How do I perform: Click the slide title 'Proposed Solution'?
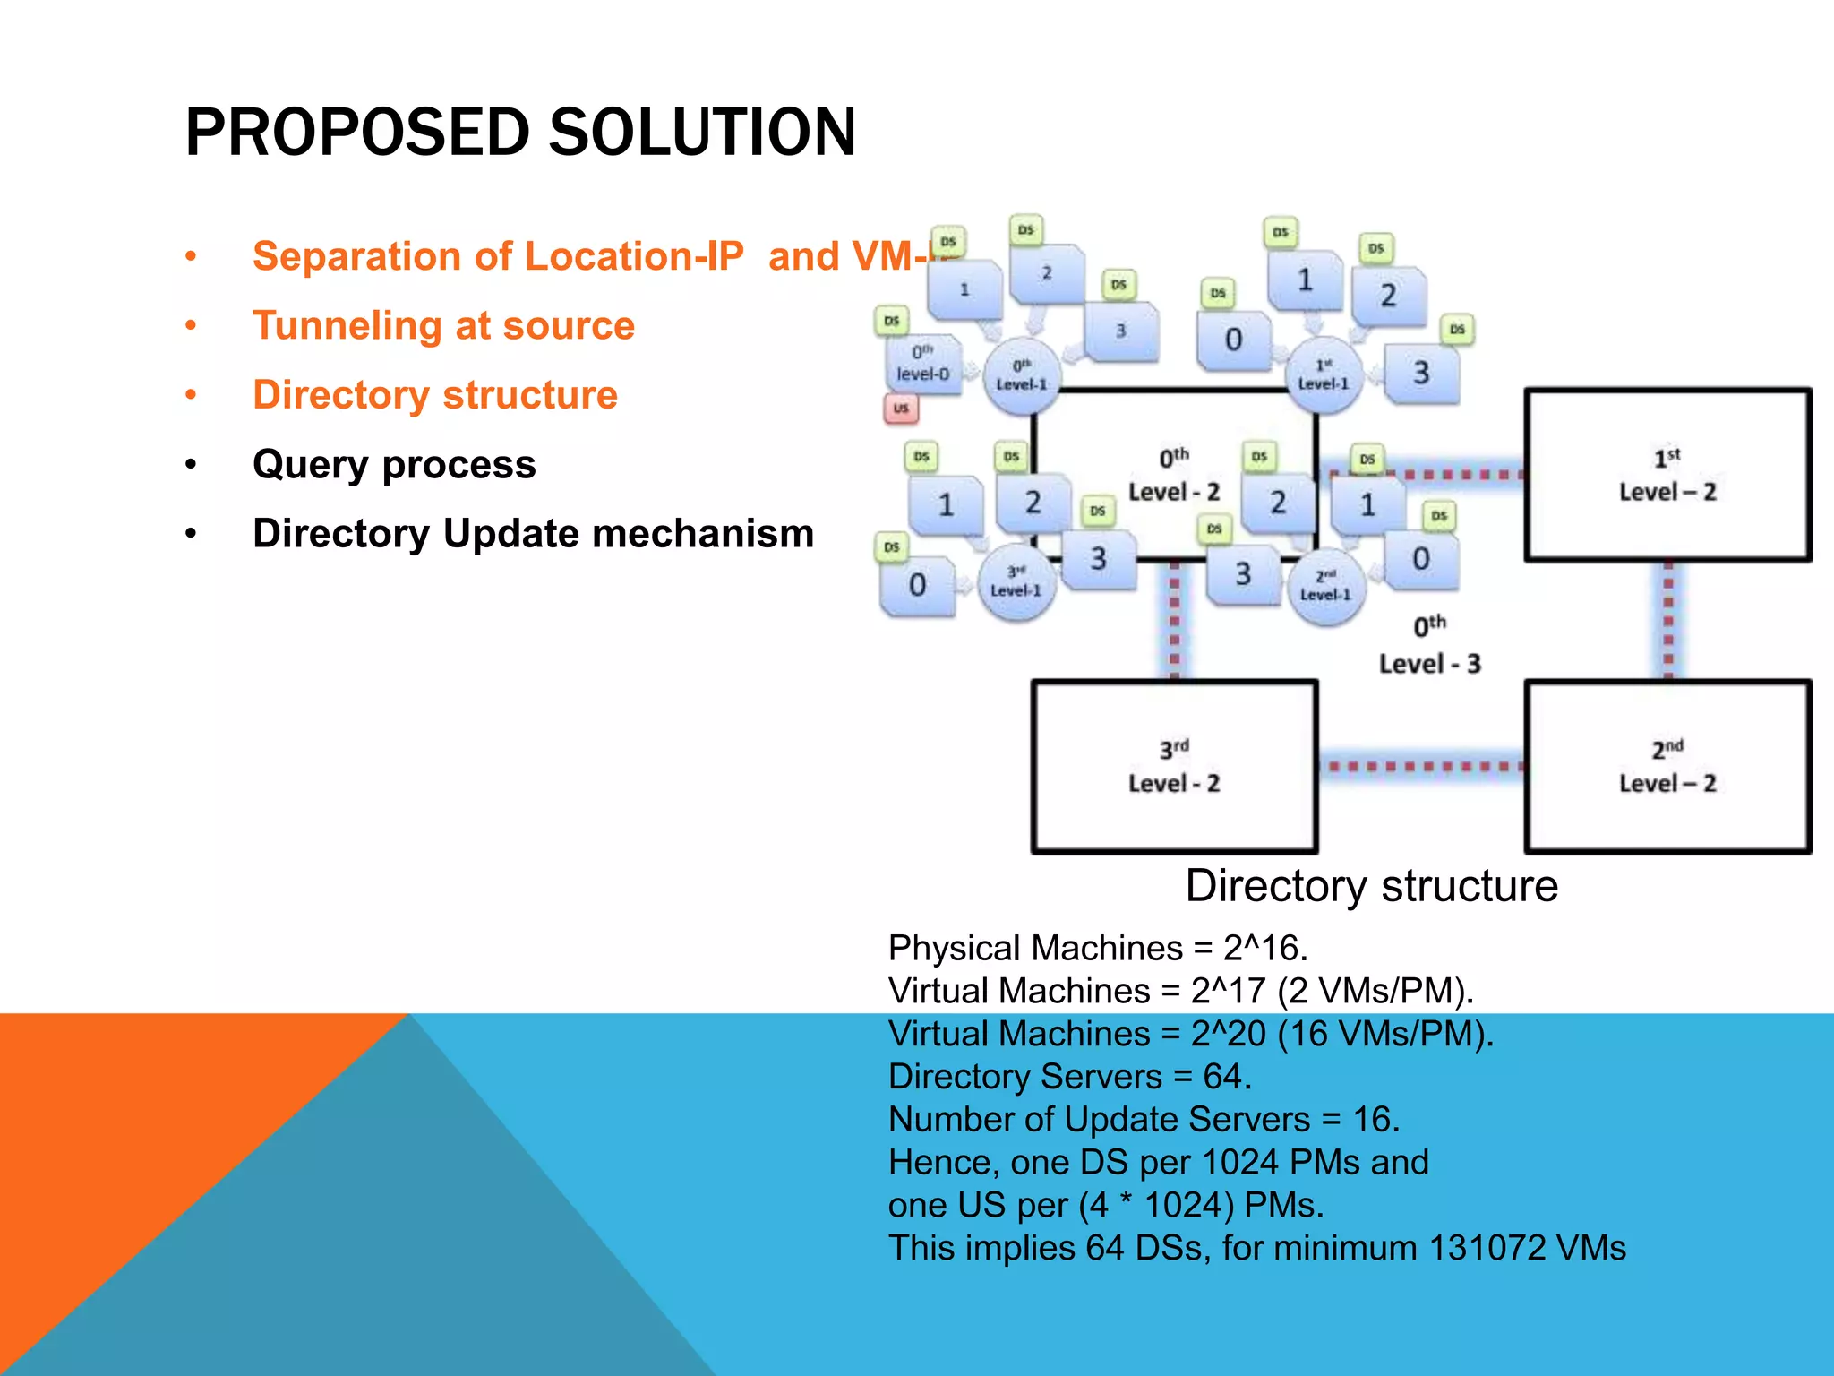point(520,133)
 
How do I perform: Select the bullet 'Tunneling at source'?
point(443,325)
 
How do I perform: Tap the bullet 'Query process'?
point(394,464)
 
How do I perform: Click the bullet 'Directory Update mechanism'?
point(533,533)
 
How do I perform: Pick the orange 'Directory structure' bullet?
point(435,395)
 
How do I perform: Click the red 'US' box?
point(901,408)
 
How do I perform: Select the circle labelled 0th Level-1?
point(1022,376)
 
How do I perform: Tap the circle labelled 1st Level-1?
point(1324,376)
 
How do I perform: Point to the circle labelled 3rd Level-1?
point(1016,582)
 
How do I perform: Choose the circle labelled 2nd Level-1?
point(1325,587)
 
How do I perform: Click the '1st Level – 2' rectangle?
point(1667,475)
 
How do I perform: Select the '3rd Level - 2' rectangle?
point(1174,766)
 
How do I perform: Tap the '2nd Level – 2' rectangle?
point(1667,766)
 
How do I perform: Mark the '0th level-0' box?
point(923,364)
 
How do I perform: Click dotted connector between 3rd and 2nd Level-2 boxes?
point(1421,767)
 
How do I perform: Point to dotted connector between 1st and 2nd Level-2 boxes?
point(1668,621)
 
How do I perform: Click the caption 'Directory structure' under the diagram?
point(1371,886)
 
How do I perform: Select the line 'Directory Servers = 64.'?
point(1069,1077)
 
